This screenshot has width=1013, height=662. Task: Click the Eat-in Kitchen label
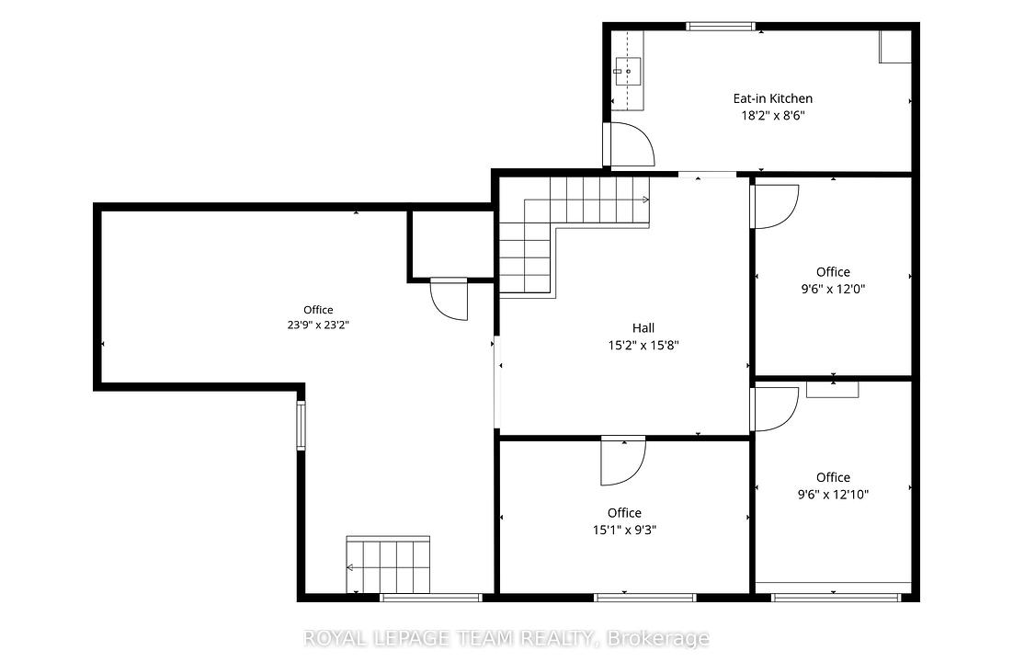pos(773,98)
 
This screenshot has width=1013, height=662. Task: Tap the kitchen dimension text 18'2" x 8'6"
pos(773,116)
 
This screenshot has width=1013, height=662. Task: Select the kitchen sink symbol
pos(627,71)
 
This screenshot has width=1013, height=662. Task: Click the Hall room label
pos(643,327)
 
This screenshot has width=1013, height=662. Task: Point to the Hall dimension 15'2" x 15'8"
pos(643,345)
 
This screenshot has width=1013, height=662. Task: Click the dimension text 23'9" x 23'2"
pos(318,325)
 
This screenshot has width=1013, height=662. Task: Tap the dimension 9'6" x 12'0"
pos(834,289)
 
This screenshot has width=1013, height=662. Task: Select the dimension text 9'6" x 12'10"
pos(834,495)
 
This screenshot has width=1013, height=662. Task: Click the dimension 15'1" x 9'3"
pos(625,531)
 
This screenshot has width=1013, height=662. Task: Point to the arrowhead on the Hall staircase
pos(646,200)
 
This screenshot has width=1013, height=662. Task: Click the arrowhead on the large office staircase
pos(349,568)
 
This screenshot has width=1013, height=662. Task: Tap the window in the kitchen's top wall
pos(721,27)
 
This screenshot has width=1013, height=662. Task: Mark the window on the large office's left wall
pos(301,426)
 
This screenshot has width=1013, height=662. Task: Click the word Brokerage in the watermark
pos(659,639)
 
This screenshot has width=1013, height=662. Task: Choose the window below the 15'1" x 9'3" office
pos(644,598)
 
